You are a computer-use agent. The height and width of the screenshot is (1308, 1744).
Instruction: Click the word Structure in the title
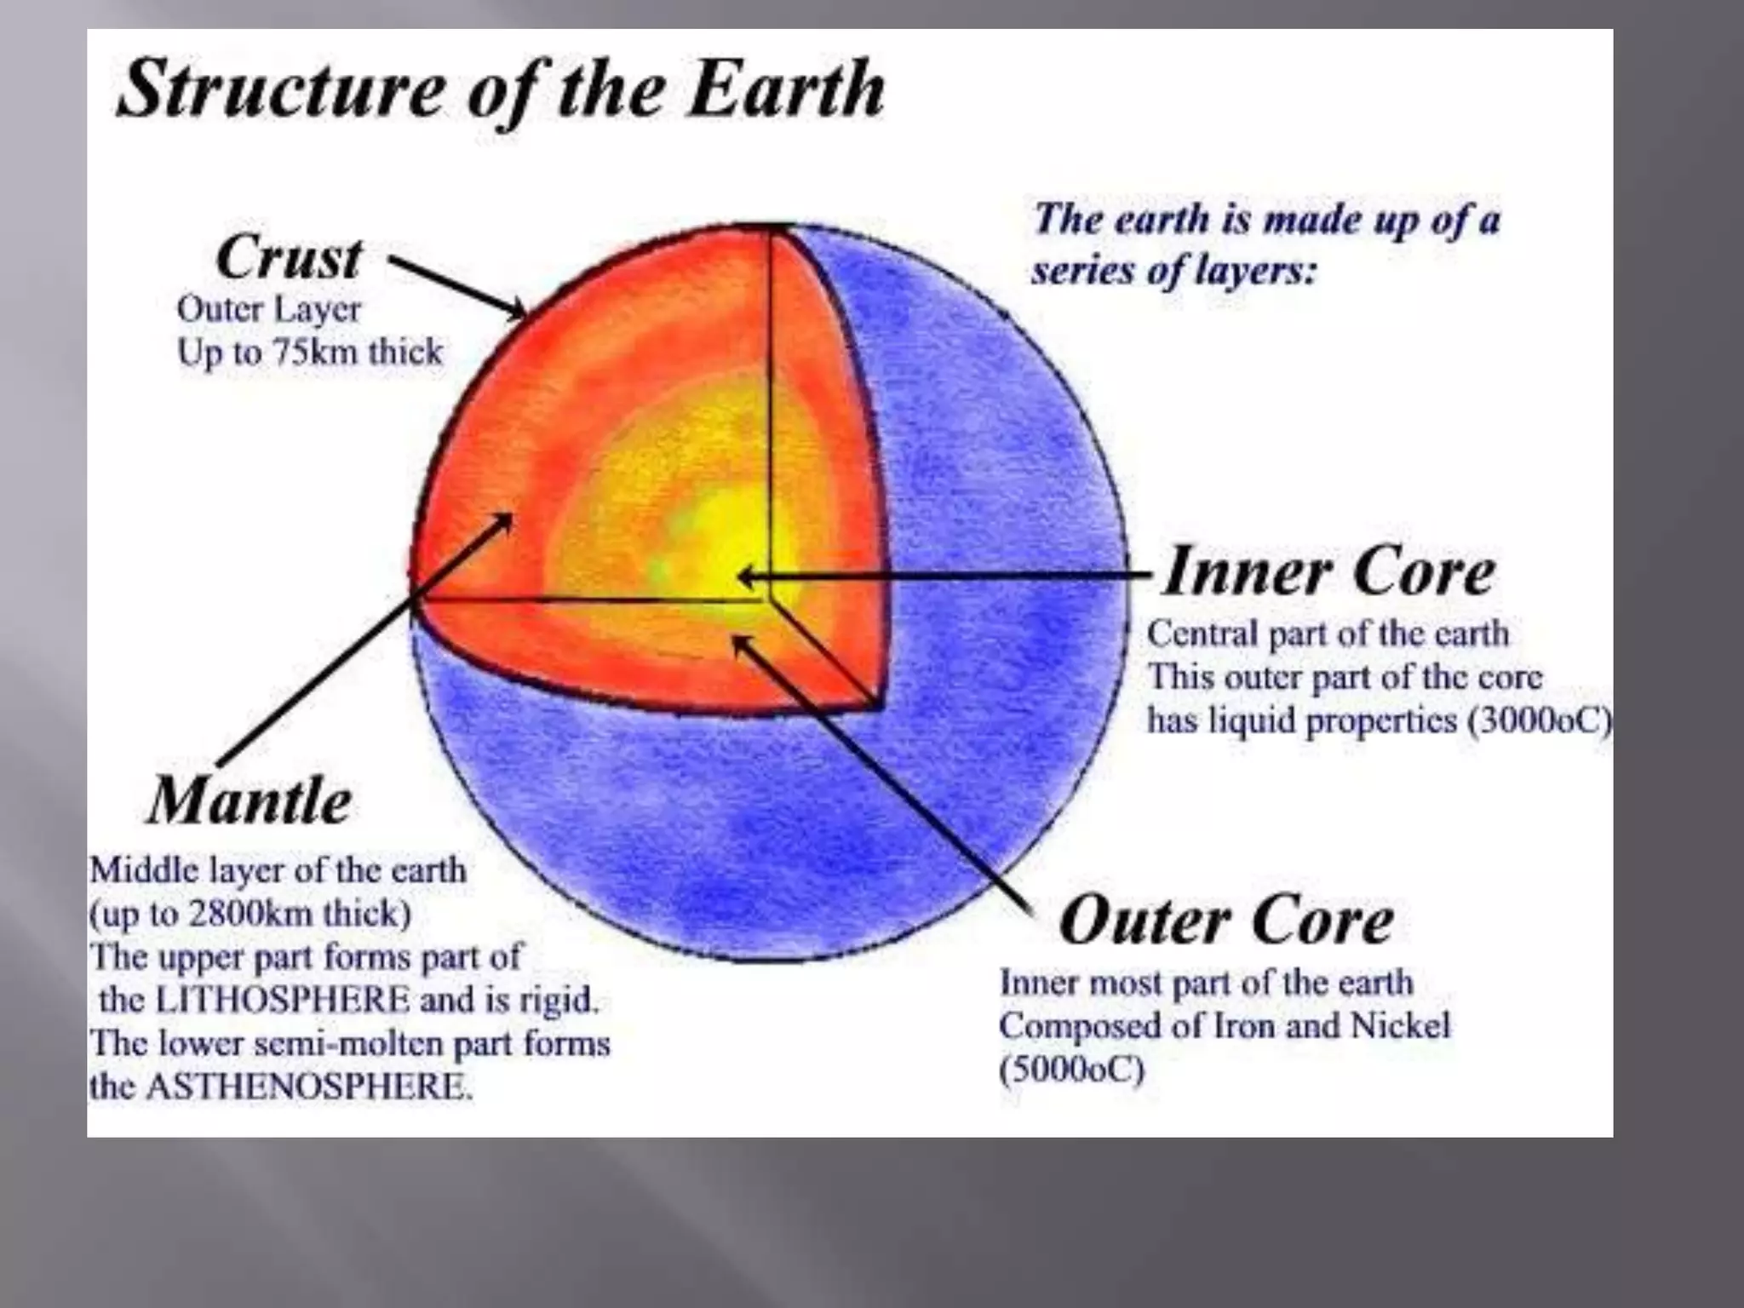(x=280, y=89)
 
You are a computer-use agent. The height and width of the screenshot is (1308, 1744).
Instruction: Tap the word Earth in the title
(x=787, y=89)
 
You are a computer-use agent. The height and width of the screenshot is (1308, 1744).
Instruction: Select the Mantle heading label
(x=250, y=801)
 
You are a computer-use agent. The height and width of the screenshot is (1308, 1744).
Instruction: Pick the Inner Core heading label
(x=1328, y=571)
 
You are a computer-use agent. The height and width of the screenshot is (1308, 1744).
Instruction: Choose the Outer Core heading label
(x=1226, y=921)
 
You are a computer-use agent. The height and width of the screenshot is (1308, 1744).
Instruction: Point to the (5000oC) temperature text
(x=1071, y=1069)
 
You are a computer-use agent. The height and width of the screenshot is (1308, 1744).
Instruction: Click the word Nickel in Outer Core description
(x=1400, y=1025)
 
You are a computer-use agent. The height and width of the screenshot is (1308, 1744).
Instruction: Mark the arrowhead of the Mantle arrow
(x=505, y=520)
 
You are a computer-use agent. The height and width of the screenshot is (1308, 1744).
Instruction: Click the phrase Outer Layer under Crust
(x=269, y=309)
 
